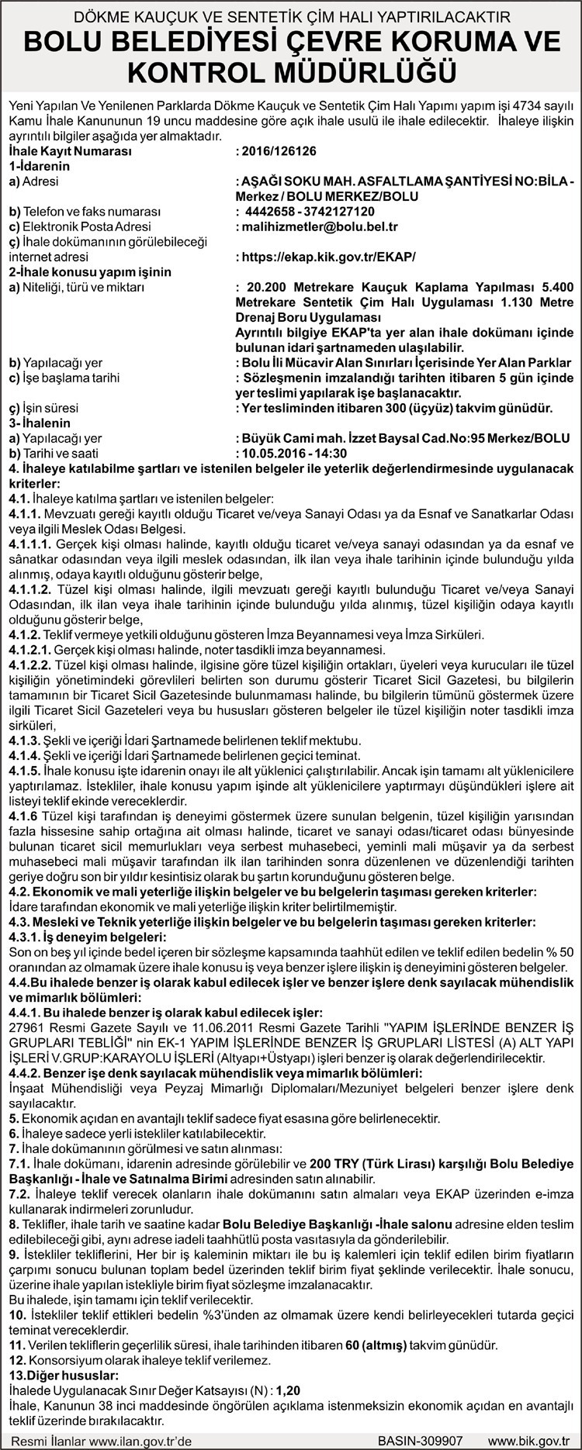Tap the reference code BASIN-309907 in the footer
[x=420, y=1439]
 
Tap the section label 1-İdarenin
[x=40, y=166]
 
